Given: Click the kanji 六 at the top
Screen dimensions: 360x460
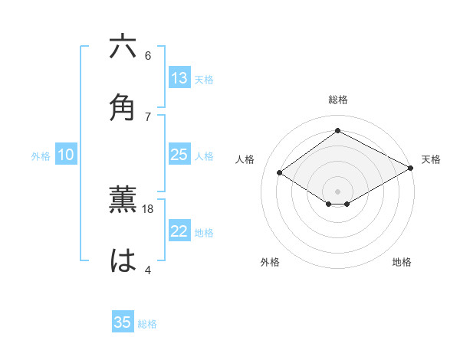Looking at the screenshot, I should (x=123, y=47).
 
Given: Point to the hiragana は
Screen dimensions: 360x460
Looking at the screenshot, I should (x=123, y=261).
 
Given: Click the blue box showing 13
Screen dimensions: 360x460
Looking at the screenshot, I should (x=179, y=78).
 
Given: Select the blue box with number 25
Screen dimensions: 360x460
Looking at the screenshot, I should (x=179, y=155).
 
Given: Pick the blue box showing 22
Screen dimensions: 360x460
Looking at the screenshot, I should (x=179, y=231).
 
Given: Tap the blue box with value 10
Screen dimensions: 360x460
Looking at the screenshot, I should (x=66, y=155).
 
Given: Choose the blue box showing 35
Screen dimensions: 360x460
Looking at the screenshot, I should (x=123, y=322).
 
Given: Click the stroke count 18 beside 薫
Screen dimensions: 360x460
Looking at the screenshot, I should (x=149, y=208).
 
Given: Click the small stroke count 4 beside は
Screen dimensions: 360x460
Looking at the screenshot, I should (x=148, y=269).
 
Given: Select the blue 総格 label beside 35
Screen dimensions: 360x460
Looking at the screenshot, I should (x=147, y=324).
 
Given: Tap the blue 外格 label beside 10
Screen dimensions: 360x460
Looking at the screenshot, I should (x=41, y=156).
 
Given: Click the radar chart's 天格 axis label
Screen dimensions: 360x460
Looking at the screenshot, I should (x=431, y=159).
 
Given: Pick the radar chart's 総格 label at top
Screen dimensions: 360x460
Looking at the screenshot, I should (x=338, y=100).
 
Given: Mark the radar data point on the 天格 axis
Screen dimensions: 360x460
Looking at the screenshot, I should (x=412, y=169).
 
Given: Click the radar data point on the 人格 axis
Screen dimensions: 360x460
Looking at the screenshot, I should (x=280, y=173).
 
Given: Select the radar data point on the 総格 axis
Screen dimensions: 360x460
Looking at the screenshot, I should (x=338, y=131).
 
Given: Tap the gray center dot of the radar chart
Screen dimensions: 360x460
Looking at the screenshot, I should (x=338, y=191).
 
